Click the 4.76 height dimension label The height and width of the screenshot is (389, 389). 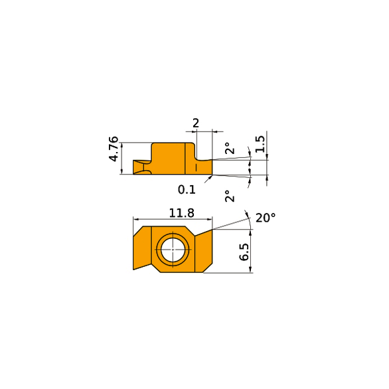coord(114,149)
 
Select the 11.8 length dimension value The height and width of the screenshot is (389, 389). coord(182,213)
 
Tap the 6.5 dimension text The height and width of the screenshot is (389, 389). coord(244,252)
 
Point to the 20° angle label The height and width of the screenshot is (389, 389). coord(266,218)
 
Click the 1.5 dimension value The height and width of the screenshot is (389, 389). coord(260,144)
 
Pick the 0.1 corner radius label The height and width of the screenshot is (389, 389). coord(187,190)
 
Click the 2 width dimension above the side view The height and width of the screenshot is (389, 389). coord(196,123)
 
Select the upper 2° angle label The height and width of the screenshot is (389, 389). coord(230,148)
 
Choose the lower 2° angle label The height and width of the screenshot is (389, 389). coord(230,196)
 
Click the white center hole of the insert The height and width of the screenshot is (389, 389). coord(173,250)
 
